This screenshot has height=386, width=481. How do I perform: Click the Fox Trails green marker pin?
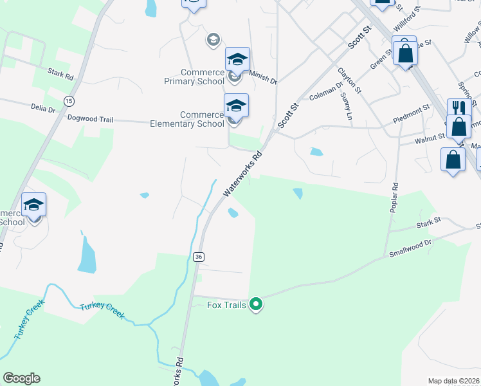tap(256, 304)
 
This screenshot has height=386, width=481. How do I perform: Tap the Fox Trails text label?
tap(226, 305)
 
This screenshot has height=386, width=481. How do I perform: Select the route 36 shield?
tap(199, 257)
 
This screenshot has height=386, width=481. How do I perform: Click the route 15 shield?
tap(69, 101)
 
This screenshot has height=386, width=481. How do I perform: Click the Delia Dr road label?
tap(42, 108)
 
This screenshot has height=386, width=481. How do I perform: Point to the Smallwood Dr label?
tap(410, 250)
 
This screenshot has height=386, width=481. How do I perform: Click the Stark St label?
tap(428, 222)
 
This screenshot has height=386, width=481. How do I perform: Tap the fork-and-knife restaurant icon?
tap(457, 107)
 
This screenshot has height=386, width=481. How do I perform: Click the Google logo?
tap(21, 378)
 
